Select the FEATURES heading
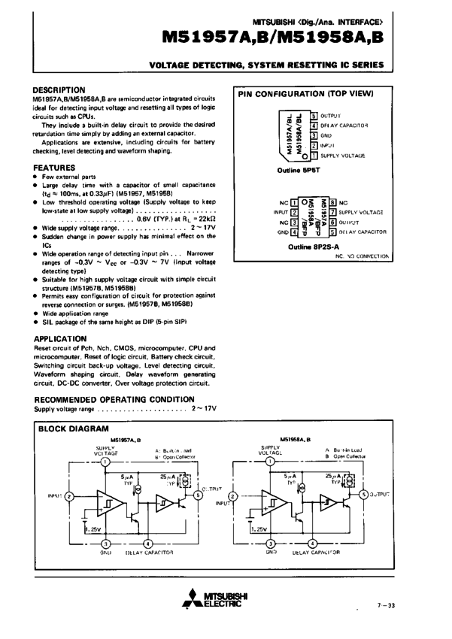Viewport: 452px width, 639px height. tap(55, 167)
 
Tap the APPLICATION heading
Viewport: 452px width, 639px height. tap(60, 339)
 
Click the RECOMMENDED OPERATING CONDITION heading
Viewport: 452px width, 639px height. tap(114, 399)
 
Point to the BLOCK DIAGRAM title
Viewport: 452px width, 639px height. tap(77, 429)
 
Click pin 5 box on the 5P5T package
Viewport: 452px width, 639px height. tap(313, 115)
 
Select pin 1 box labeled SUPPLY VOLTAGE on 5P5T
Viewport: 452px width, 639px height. tap(313, 155)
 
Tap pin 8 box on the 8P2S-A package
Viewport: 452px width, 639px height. tap(333, 203)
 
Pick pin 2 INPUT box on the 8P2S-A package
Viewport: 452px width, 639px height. tap(295, 213)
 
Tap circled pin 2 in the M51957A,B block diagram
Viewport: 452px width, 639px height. tap(69, 496)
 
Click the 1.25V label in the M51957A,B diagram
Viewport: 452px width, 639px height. tap(93, 528)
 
